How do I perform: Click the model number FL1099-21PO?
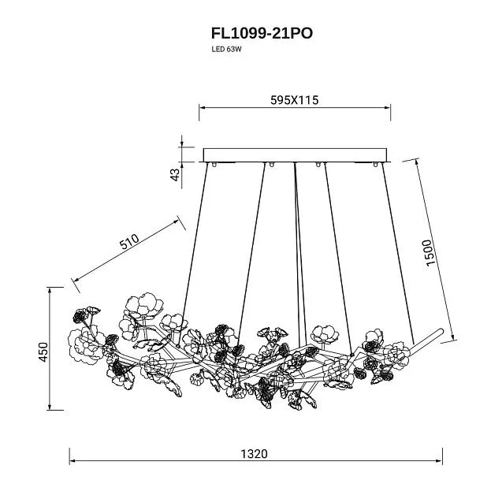[x=262, y=34]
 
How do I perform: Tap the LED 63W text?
[x=226, y=49]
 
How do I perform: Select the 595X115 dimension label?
[x=294, y=100]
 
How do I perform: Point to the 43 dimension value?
[x=176, y=175]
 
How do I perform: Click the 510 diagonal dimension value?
[x=129, y=241]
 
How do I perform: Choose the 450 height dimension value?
[x=43, y=352]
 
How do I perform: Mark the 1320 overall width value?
[x=254, y=454]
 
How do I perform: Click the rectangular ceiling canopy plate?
[x=296, y=155]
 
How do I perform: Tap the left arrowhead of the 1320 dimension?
[x=72, y=461]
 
